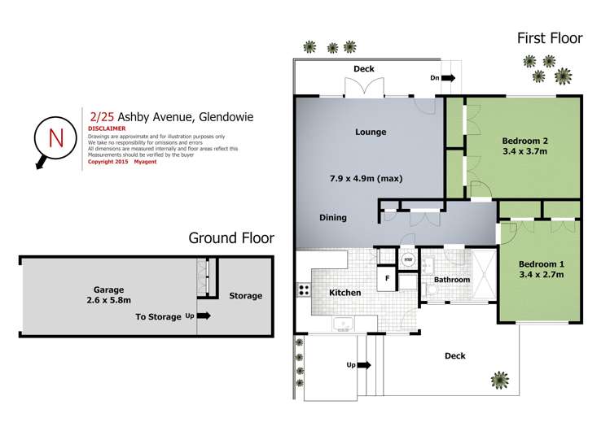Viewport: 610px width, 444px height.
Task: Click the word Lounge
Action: coord(371,132)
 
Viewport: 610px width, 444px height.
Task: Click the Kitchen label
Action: coord(344,292)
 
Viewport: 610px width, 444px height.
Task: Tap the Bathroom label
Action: coord(451,280)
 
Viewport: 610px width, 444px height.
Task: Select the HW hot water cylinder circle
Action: coord(408,259)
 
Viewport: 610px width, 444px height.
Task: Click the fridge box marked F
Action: coord(388,278)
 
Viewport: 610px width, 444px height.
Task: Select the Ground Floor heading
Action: coord(231,238)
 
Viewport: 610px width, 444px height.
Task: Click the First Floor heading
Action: coord(550,37)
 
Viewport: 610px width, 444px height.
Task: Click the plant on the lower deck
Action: coord(497,378)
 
